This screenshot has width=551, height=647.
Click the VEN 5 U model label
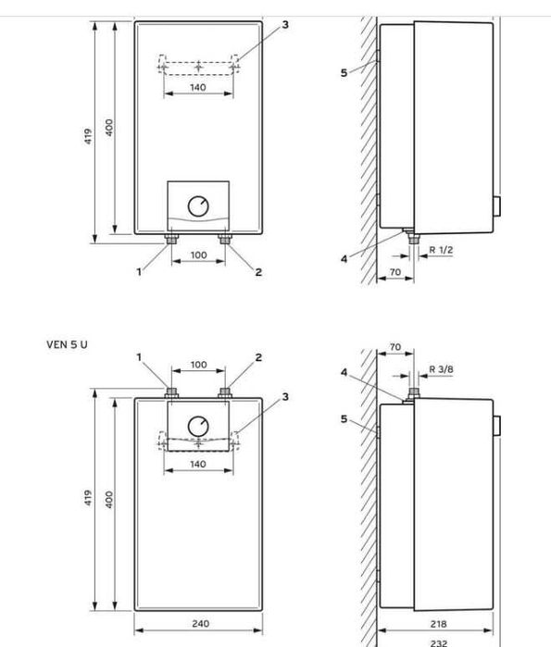coord(67,344)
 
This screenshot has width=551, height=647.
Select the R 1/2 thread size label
coord(441,250)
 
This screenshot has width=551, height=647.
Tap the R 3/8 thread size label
coord(442,369)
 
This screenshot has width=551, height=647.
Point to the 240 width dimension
coord(198,624)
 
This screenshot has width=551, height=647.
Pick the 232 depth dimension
coord(439,641)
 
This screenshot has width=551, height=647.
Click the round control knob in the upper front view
coord(198,205)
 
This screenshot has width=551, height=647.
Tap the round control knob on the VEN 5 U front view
coord(198,426)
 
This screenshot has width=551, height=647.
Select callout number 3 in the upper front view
coord(284,24)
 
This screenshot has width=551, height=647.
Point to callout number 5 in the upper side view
coord(344,72)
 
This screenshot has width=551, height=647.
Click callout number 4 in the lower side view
coord(344,373)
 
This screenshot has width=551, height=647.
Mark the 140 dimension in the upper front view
coord(198,88)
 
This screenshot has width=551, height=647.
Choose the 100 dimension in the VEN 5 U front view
coord(198,365)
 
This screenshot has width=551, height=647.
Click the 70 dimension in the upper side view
coord(395,272)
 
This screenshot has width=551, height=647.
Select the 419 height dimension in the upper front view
coord(89,134)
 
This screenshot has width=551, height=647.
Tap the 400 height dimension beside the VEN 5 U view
coord(109,500)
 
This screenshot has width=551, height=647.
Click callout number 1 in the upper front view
coord(141,272)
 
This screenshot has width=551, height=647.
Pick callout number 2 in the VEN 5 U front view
coord(258,357)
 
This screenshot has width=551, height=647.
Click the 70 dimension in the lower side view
coord(395,348)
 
